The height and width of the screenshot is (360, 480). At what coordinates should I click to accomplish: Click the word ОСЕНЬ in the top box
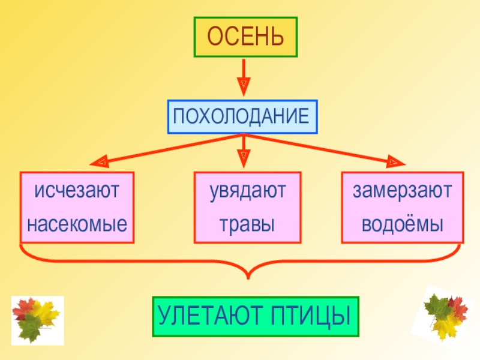[x=245, y=36]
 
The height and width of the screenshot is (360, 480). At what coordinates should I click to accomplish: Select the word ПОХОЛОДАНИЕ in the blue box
[x=241, y=116]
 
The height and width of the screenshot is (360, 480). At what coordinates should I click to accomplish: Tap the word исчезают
[x=77, y=190]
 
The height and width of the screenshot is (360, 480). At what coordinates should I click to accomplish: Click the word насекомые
[x=77, y=224]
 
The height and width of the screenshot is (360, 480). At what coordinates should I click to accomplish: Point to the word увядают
[x=248, y=191]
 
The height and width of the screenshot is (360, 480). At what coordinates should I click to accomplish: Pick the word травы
[x=247, y=224]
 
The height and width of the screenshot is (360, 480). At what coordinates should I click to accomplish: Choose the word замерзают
[x=402, y=191]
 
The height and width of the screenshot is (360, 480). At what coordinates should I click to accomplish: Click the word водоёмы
[x=403, y=223]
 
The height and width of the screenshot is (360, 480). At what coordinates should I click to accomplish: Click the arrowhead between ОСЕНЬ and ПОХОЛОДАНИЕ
[x=244, y=86]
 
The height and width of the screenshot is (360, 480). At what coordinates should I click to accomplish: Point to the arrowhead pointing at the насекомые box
[x=100, y=161]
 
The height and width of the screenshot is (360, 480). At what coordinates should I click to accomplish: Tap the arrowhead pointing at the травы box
[x=244, y=158]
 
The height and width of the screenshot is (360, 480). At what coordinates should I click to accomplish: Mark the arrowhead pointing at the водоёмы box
[x=396, y=161]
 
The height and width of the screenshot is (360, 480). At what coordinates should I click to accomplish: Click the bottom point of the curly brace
[x=248, y=278]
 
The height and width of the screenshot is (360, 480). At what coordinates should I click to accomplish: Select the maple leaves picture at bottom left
[x=38, y=320]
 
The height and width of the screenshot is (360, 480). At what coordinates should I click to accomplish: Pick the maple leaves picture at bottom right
[x=446, y=317]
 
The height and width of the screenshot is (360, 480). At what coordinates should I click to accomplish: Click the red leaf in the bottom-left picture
[x=24, y=308]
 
